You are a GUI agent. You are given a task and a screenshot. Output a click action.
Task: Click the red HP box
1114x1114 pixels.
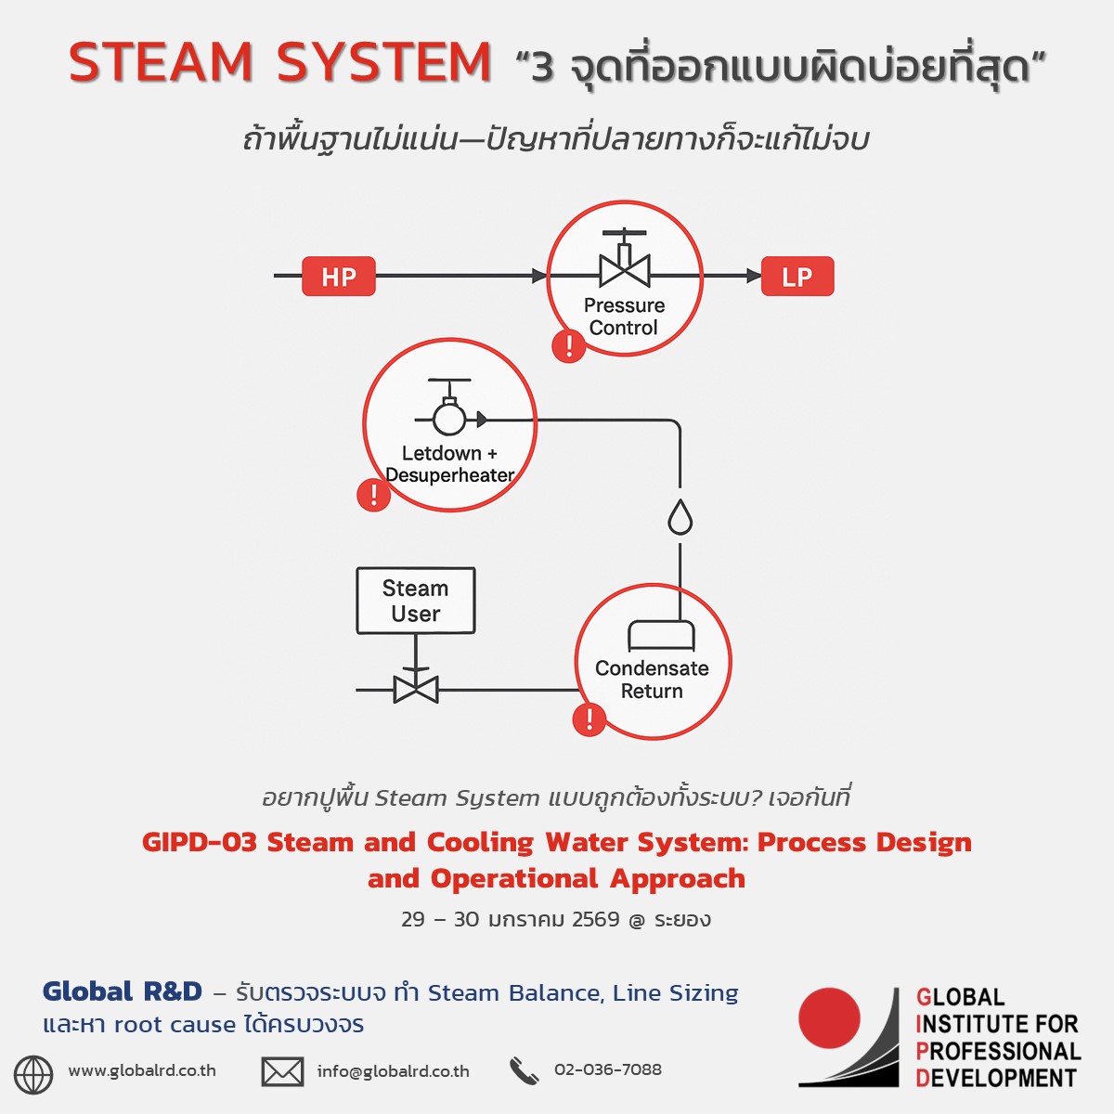click(x=339, y=277)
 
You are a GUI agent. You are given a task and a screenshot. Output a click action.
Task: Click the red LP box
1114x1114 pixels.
click(x=797, y=277)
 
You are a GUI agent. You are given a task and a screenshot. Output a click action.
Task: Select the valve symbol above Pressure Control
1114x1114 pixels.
click(x=625, y=264)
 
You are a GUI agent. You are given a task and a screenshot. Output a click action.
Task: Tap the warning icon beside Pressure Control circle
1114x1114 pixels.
click(x=568, y=346)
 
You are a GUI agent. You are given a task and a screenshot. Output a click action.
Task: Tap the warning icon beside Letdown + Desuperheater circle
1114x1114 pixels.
click(x=373, y=494)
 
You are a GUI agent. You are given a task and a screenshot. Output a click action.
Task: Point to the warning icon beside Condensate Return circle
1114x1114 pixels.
click(x=589, y=719)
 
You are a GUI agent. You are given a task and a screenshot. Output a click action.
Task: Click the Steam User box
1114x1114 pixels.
click(x=416, y=601)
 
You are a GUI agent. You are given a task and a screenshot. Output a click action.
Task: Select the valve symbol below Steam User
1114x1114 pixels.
click(x=416, y=688)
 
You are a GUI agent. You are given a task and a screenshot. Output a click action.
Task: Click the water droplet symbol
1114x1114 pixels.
click(x=680, y=517)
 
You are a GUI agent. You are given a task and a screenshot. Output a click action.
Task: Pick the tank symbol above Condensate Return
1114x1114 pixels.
click(x=661, y=635)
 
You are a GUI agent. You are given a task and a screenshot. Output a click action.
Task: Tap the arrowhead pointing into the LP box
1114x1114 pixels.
click(x=753, y=276)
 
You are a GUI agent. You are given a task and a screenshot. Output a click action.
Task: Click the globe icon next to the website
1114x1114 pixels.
click(x=33, y=1074)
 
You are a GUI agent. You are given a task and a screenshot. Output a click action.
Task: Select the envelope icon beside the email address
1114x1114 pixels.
click(x=282, y=1072)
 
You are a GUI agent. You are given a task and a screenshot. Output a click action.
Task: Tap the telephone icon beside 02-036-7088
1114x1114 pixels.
click(x=524, y=1071)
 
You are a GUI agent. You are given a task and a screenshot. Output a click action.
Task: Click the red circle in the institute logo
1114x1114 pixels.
click(x=829, y=1018)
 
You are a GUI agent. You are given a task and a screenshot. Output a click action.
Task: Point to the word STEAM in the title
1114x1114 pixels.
click(x=161, y=63)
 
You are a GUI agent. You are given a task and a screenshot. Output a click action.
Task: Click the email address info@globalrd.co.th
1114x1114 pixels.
click(x=393, y=1071)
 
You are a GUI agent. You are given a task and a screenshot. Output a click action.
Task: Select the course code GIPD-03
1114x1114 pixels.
click(x=199, y=843)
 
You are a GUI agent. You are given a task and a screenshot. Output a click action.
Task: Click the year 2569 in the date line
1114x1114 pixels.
click(x=595, y=920)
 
